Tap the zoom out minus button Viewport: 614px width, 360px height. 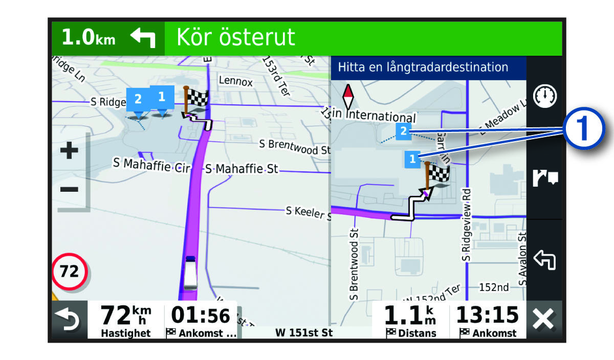pyautogui.click(x=69, y=189)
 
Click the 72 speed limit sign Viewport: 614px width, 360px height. pyautogui.click(x=70, y=271)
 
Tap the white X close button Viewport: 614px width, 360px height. pyautogui.click(x=543, y=320)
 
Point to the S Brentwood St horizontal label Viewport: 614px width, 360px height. pyautogui.click(x=295, y=146)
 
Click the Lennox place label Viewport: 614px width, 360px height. pyautogui.click(x=235, y=81)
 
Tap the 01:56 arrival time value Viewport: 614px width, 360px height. pyautogui.click(x=200, y=315)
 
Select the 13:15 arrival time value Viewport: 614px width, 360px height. pyautogui.click(x=487, y=315)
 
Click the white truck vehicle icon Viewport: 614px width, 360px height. pyautogui.click(x=190, y=272)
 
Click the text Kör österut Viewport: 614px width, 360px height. pyautogui.click(x=236, y=37)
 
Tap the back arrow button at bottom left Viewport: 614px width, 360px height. pyautogui.click(x=69, y=320)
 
